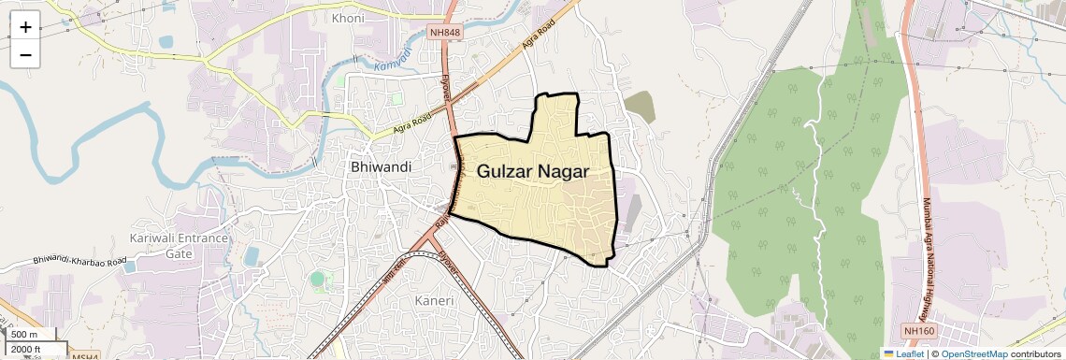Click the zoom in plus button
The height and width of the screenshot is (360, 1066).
point(25,26)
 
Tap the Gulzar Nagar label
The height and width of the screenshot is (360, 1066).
point(533,171)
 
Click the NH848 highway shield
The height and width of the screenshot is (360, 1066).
point(445,33)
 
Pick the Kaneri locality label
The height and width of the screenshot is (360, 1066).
point(434,301)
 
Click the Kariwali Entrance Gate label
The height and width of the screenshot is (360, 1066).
point(179,245)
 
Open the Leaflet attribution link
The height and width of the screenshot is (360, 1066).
point(903,353)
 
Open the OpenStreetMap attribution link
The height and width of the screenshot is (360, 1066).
point(973,353)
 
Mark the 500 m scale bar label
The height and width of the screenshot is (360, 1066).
point(24,335)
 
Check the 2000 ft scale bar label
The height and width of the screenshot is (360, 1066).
point(27,350)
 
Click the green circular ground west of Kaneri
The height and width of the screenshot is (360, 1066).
point(319,278)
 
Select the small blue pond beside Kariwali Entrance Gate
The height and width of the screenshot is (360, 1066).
point(251,254)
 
